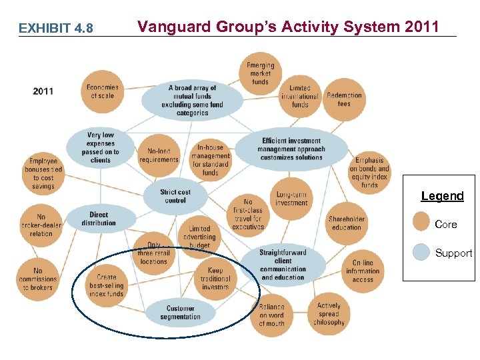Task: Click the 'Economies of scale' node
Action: pyautogui.click(x=103, y=91)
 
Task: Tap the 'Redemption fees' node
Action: pyautogui.click(x=344, y=99)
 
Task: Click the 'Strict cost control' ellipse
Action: pyautogui.click(x=175, y=196)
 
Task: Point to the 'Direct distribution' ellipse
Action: pyautogui.click(x=99, y=219)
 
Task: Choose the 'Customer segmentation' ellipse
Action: pyautogui.click(x=180, y=312)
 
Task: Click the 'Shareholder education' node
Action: pyautogui.click(x=347, y=223)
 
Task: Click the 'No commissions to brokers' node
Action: pyautogui.click(x=37, y=279)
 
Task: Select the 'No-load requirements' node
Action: pyautogui.click(x=159, y=155)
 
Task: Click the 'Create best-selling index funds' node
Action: pyautogui.click(x=106, y=285)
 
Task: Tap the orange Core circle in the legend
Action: pyautogui.click(x=421, y=221)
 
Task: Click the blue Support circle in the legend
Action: pyautogui.click(x=421, y=251)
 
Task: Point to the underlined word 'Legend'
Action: pyautogui.click(x=442, y=196)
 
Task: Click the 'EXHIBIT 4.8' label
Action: pyautogui.click(x=56, y=28)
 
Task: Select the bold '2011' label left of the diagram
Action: pyautogui.click(x=43, y=91)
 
